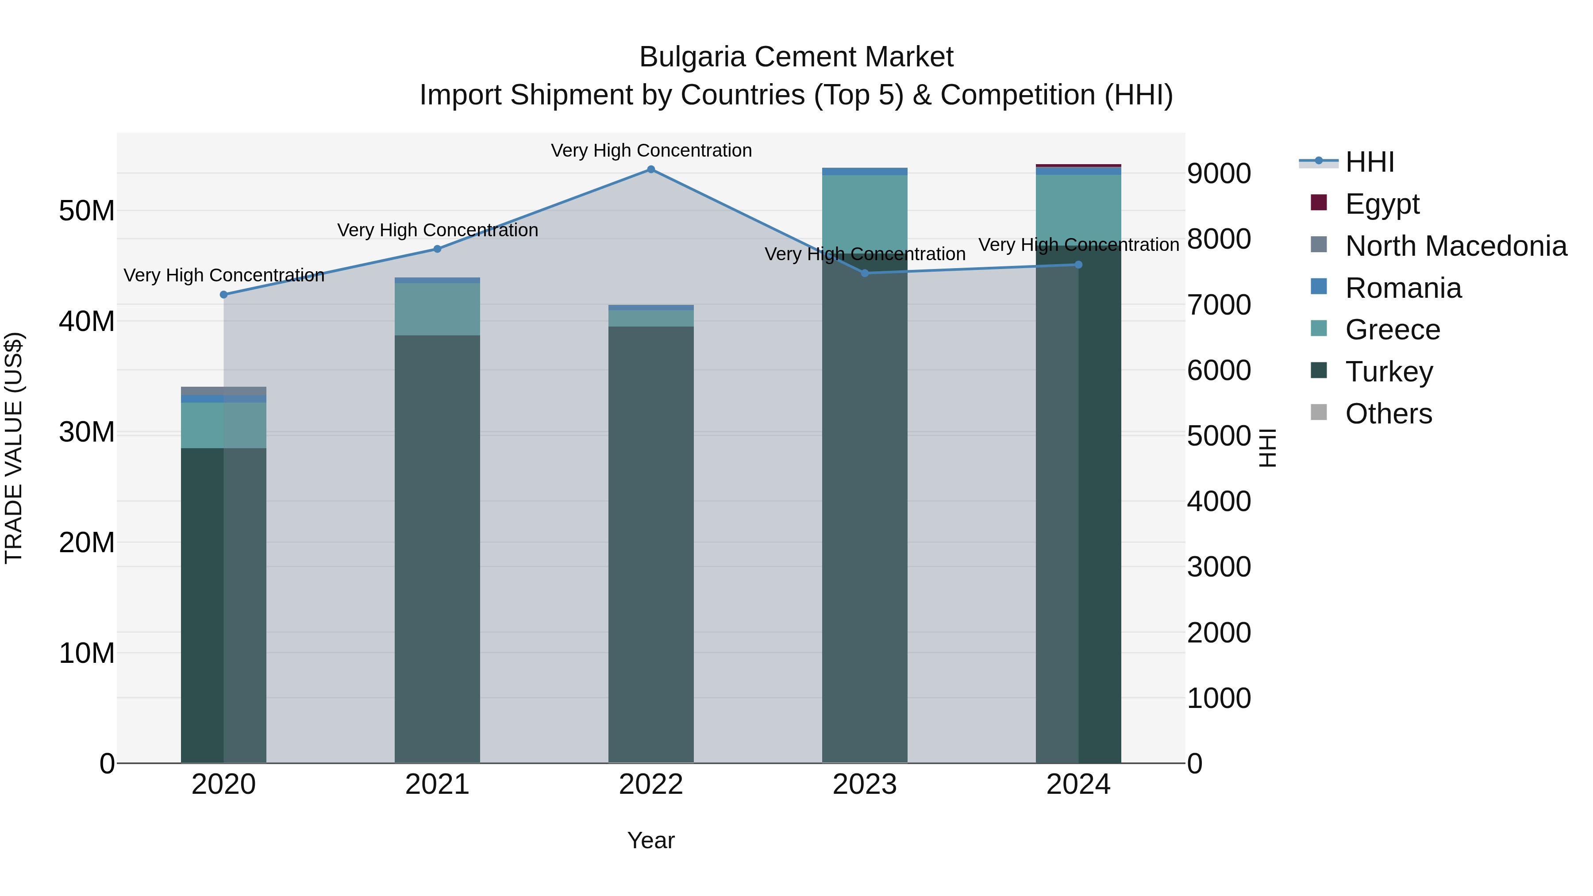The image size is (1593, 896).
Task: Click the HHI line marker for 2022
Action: (650, 169)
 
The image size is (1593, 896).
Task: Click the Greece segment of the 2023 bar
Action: (865, 210)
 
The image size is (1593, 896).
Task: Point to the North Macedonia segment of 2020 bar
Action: (223, 391)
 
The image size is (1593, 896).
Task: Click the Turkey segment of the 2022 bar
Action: (650, 544)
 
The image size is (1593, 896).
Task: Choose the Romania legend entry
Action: (1403, 288)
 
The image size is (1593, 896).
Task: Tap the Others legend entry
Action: (1388, 414)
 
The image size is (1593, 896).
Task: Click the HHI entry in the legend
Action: (1369, 162)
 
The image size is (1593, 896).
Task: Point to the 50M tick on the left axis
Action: (87, 212)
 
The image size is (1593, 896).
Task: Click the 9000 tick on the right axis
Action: (1218, 174)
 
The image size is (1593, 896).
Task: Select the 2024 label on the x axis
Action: (1078, 784)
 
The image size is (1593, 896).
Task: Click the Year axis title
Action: (650, 840)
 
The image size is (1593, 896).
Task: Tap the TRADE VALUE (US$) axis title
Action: (14, 448)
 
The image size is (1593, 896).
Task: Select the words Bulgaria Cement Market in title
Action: (796, 57)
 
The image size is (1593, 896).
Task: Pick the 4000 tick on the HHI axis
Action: (1218, 501)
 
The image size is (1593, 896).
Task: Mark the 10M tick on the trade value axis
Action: (87, 654)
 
